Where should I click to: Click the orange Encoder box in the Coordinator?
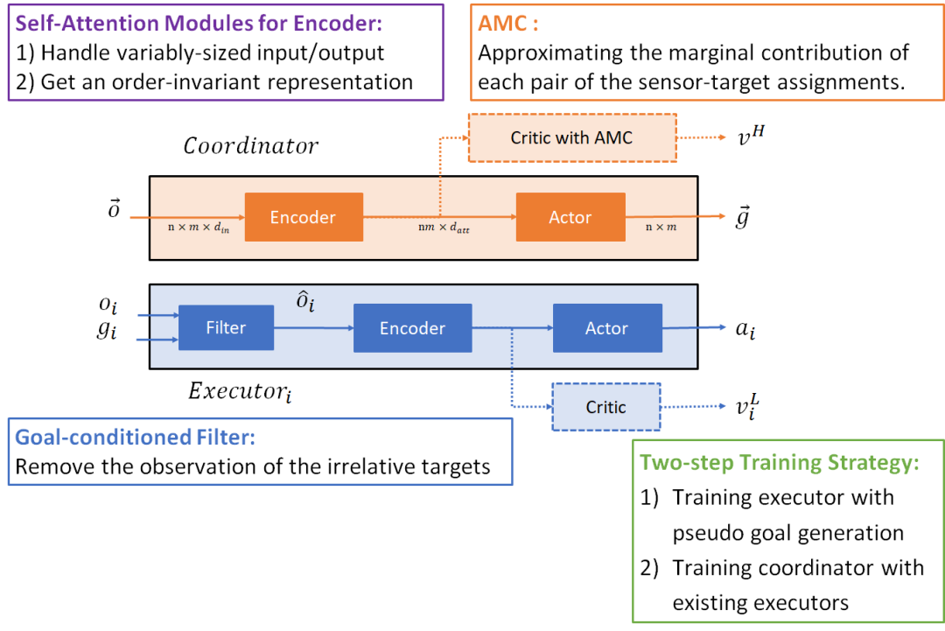pyautogui.click(x=304, y=217)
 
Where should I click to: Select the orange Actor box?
pyautogui.click(x=570, y=217)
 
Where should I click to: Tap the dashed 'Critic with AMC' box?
pyautogui.click(x=572, y=137)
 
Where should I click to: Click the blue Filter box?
pyautogui.click(x=226, y=327)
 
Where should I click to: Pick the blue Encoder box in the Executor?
pyautogui.click(x=412, y=328)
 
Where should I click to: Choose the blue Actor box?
pyautogui.click(x=607, y=328)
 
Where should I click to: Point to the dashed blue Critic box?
pyautogui.click(x=606, y=407)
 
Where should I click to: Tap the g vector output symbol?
pyautogui.click(x=743, y=216)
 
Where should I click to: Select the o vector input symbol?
pyautogui.click(x=113, y=208)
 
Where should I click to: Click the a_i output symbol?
pyautogui.click(x=745, y=330)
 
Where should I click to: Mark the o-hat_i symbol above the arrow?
pyautogui.click(x=305, y=301)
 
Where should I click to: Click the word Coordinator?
pyautogui.click(x=251, y=145)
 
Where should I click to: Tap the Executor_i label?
pyautogui.click(x=240, y=392)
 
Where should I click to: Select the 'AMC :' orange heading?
pyautogui.click(x=508, y=24)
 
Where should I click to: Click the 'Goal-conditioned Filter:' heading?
pyautogui.click(x=135, y=437)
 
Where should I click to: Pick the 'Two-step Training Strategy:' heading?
pyautogui.click(x=780, y=462)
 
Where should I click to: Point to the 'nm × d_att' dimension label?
pyautogui.click(x=444, y=228)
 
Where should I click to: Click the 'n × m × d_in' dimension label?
pyautogui.click(x=199, y=228)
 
